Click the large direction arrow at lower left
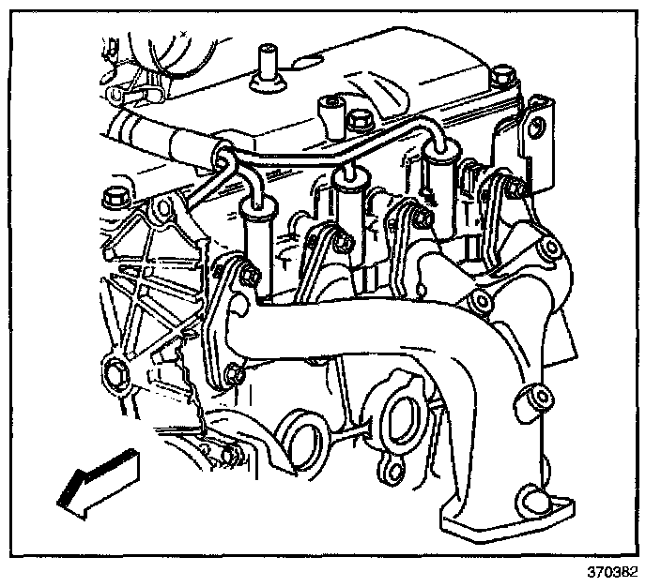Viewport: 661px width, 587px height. (x=95, y=481)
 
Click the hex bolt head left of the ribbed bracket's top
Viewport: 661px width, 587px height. (x=112, y=198)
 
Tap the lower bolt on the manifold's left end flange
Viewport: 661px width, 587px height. (x=234, y=376)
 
